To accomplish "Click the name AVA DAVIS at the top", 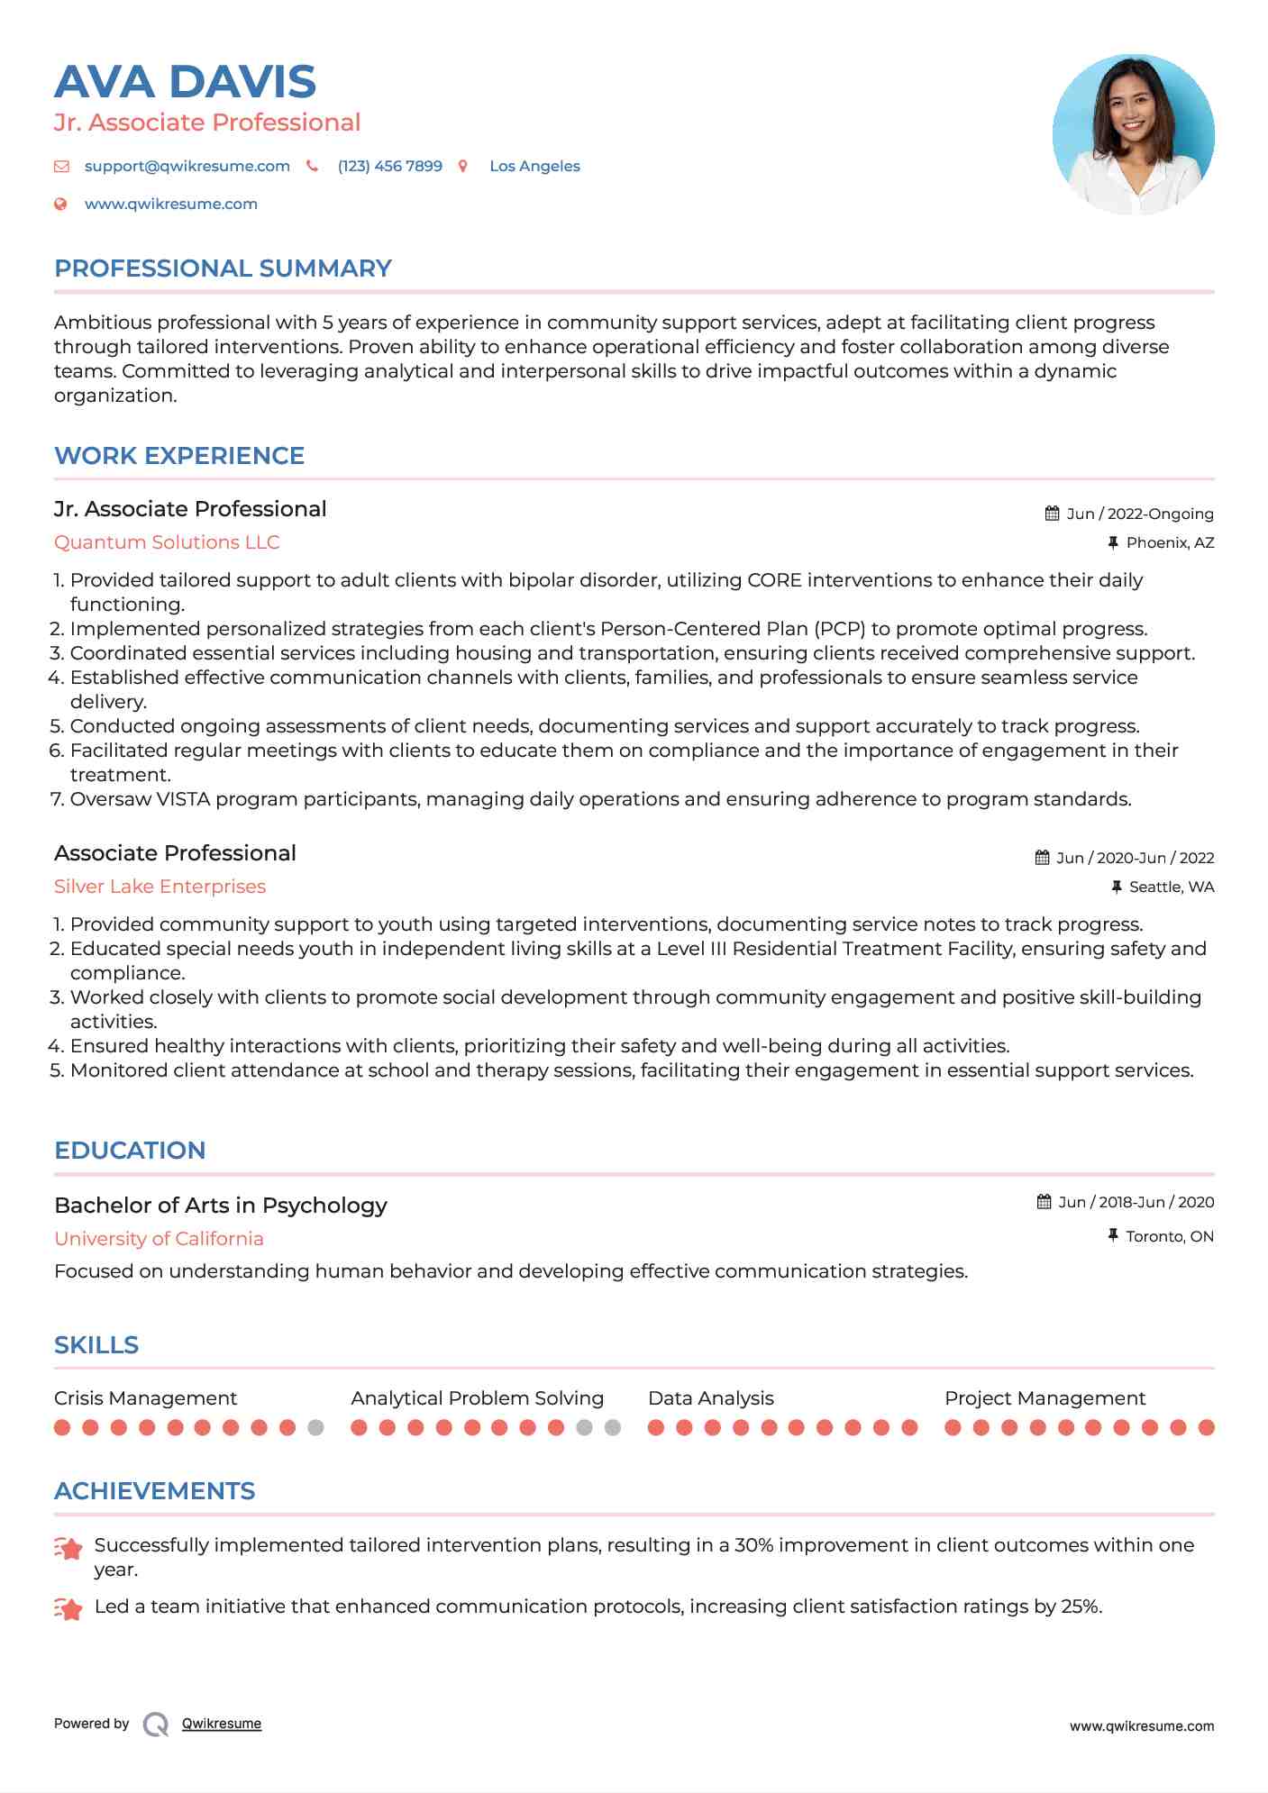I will coord(185,82).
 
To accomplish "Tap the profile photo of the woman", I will coord(1133,134).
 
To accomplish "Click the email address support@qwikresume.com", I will coord(187,166).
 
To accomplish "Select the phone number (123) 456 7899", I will coord(389,166).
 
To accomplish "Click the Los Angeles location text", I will coord(534,166).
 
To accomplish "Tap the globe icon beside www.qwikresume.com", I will coord(60,204).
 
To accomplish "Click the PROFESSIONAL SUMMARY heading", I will coord(223,268).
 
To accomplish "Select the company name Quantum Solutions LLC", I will coord(167,542).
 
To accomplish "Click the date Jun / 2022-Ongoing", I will coord(1139,514).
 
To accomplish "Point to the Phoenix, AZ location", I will coord(1170,542).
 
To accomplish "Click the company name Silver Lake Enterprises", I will coord(160,887).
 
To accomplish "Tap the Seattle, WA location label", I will coord(1171,887).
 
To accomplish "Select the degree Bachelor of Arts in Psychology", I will coord(221,1206).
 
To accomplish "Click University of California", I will coord(159,1239).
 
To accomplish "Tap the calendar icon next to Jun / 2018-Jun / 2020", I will coord(1044,1202).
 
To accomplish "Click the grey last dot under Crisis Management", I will coord(315,1427).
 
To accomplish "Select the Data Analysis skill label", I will coord(710,1398).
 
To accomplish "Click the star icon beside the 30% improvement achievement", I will coord(68,1548).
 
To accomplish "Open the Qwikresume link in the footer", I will coord(221,1724).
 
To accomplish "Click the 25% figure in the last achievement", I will coord(1081,1606).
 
